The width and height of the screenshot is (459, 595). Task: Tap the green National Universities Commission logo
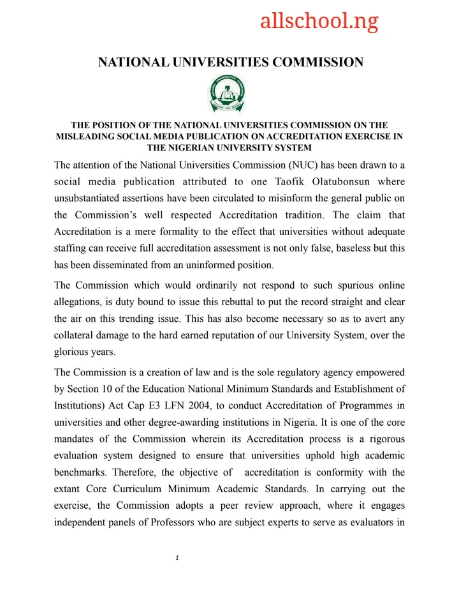click(x=227, y=94)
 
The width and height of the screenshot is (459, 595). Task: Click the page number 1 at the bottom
click(x=176, y=558)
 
